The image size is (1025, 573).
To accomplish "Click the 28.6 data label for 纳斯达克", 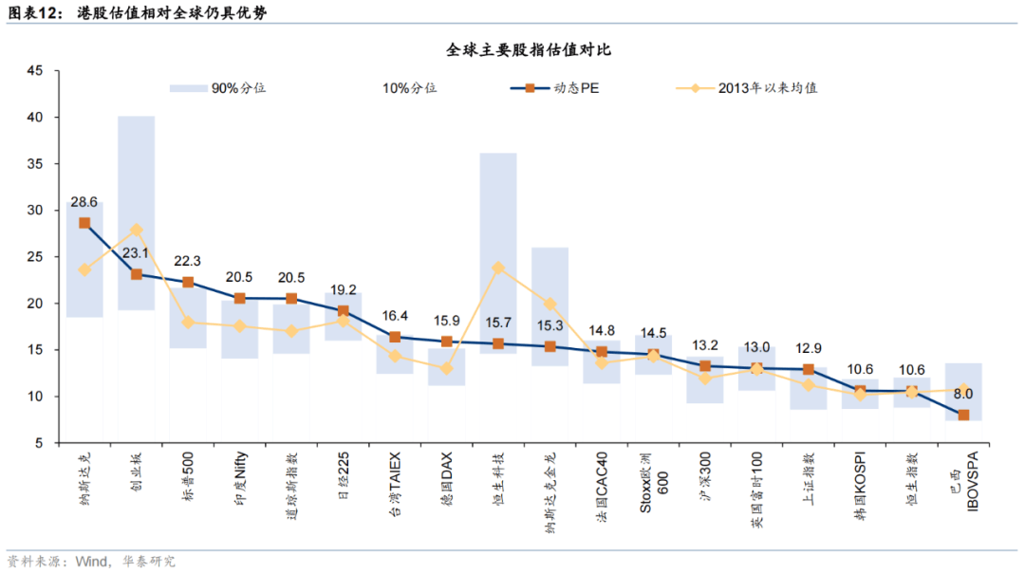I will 84,202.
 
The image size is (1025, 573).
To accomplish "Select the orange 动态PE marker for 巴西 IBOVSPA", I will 963,415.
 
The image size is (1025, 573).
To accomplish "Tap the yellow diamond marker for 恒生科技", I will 498,268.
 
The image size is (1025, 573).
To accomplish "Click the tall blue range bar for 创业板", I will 137,171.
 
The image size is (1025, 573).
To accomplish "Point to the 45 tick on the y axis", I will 36,71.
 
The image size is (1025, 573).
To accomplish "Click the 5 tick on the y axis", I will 40,443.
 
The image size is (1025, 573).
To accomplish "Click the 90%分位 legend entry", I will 237,88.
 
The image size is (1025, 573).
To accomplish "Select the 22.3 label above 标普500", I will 188,261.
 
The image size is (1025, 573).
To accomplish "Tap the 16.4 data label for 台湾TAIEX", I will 395,316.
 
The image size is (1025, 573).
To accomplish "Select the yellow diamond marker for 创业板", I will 137,230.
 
